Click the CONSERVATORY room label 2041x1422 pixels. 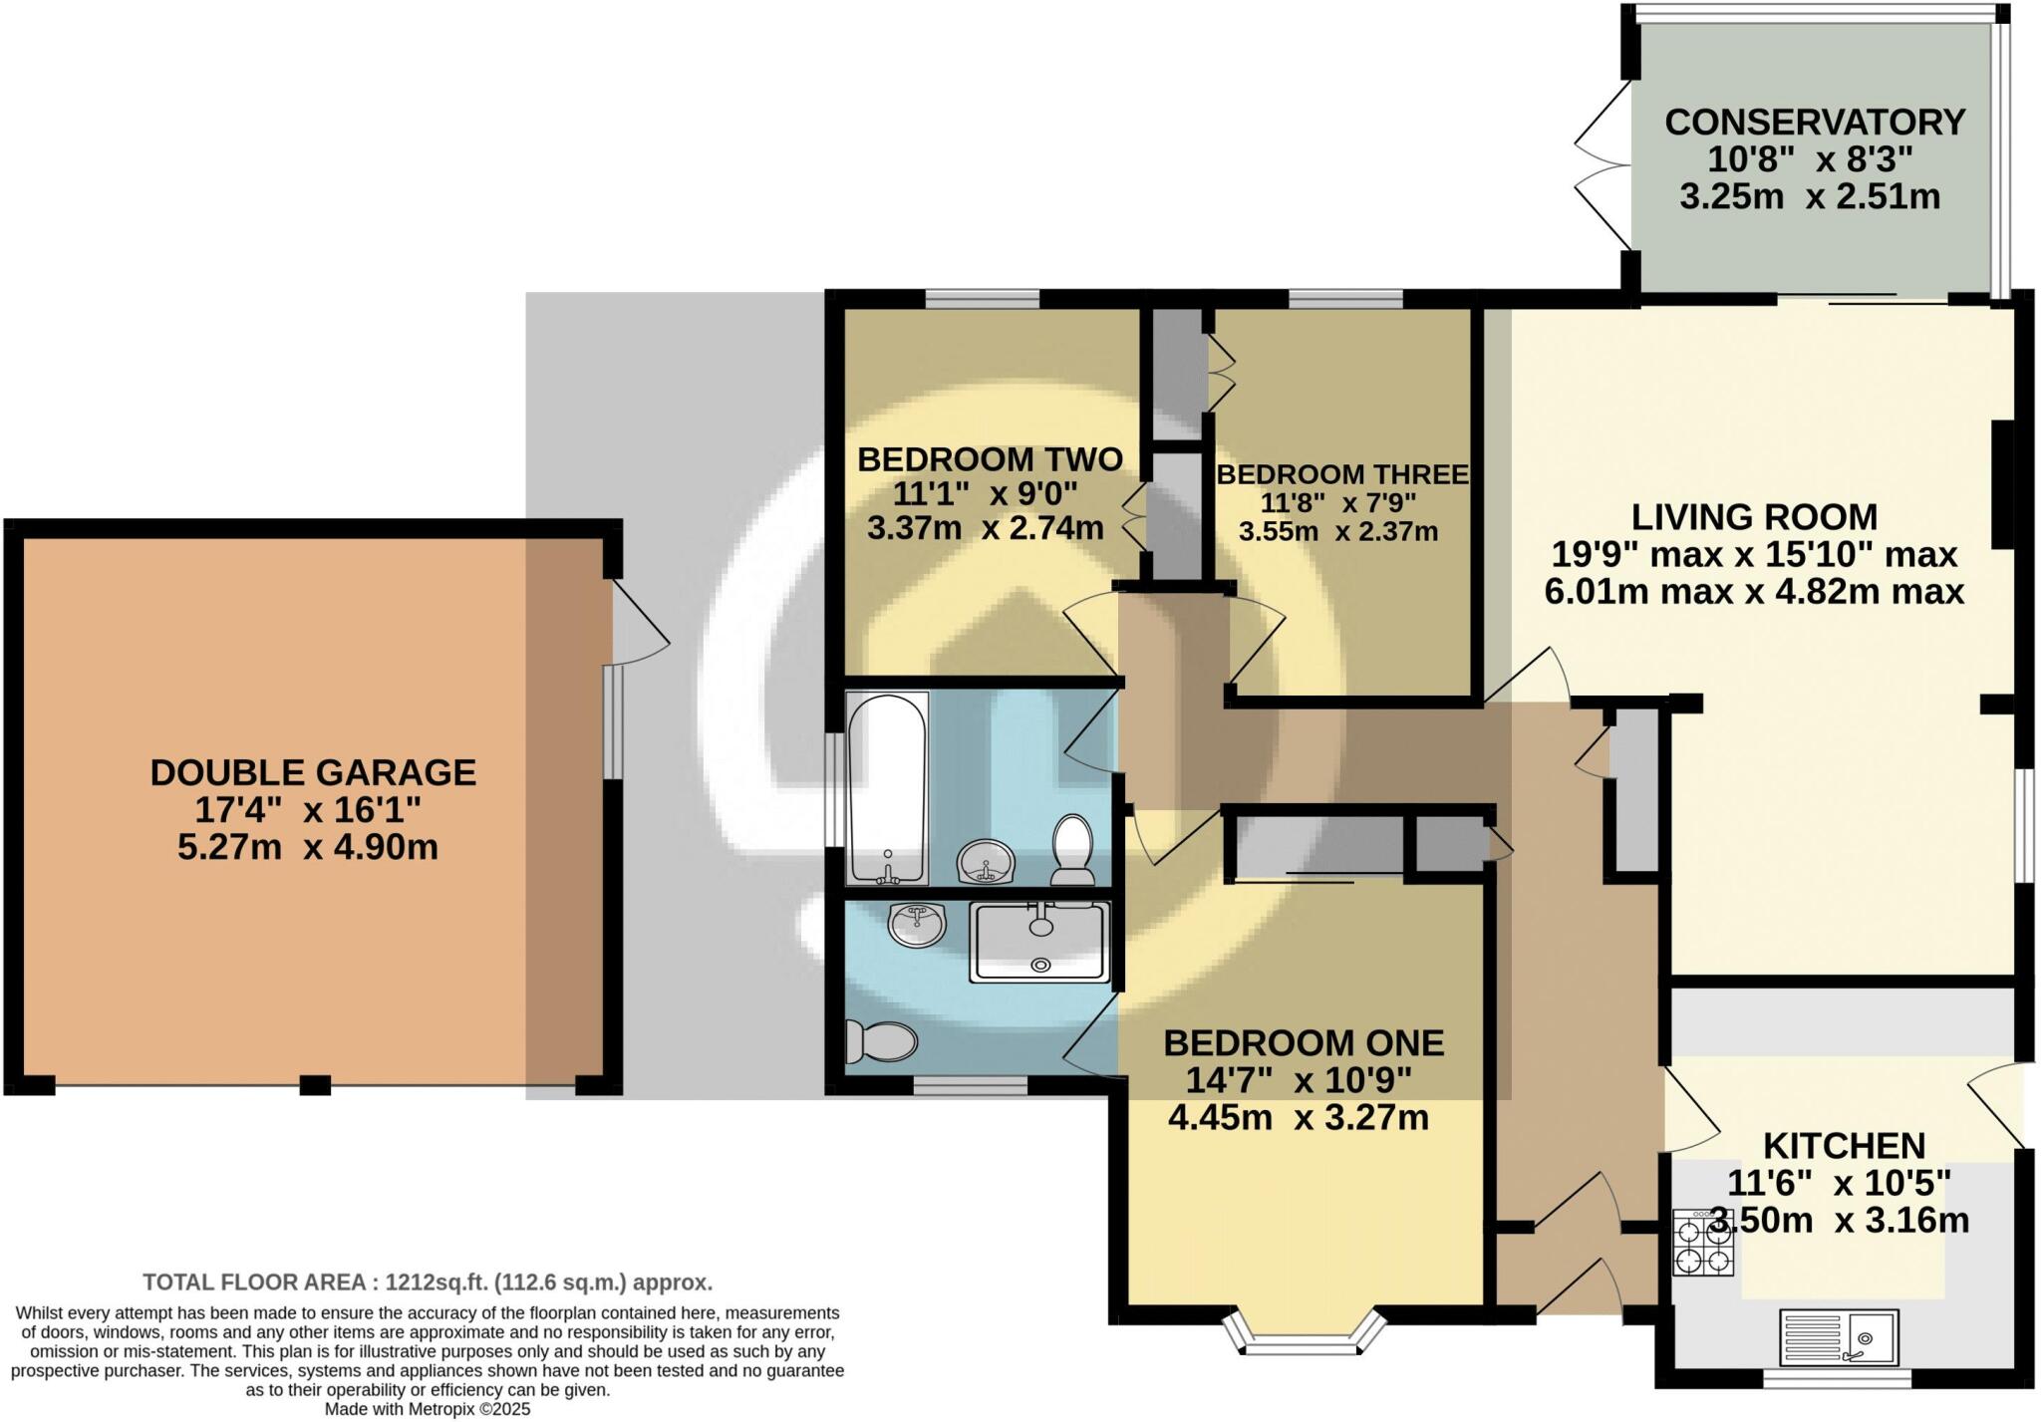(1814, 123)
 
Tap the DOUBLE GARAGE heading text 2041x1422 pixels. (313, 773)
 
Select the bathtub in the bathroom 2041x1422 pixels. (887, 787)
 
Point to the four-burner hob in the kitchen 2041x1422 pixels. (1703, 1244)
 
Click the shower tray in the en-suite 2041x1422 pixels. (1039, 942)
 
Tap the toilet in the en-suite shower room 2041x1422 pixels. (880, 1042)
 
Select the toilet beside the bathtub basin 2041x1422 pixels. (1072, 850)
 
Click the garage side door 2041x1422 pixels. (638, 623)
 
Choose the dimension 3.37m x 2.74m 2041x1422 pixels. (985, 528)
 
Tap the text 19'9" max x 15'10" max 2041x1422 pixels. (1754, 554)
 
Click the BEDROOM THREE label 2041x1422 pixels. (1341, 475)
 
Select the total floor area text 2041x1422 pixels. (428, 1282)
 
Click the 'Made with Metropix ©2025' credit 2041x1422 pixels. (428, 1409)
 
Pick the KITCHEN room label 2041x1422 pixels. (1844, 1146)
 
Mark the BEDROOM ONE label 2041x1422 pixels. (1304, 1043)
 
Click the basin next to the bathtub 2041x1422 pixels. (986, 863)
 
